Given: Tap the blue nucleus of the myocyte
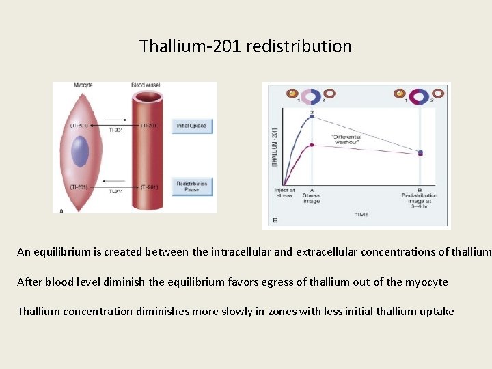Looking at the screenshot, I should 81,151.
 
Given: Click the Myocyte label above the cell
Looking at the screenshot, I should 83,85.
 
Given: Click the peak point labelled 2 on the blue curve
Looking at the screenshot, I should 312,117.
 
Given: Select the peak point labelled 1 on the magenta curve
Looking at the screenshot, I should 312,143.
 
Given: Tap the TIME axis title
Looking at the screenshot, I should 361,215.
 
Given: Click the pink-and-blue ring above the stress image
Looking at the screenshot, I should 312,93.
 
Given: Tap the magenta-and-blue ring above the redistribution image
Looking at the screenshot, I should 420,93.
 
